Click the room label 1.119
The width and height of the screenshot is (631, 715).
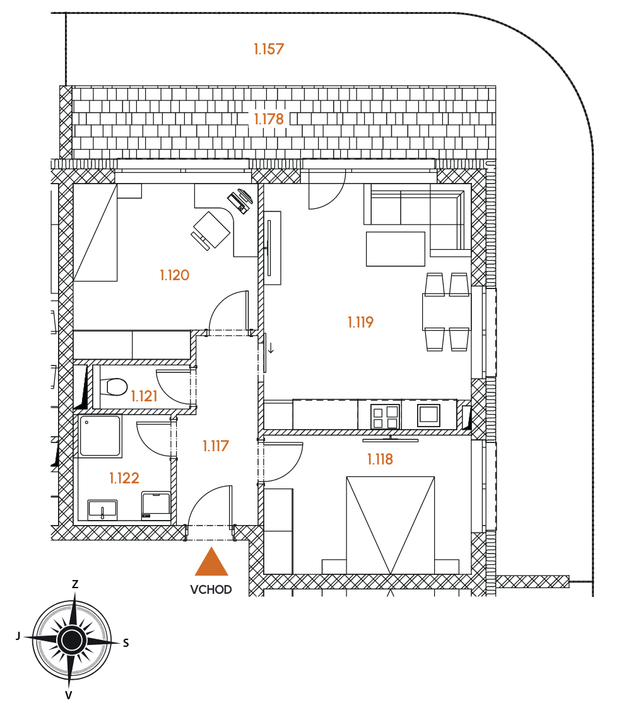(360, 322)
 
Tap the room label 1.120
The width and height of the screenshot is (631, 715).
(175, 275)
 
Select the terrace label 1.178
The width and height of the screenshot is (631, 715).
(269, 119)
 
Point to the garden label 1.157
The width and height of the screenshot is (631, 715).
(269, 49)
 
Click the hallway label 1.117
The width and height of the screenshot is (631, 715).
(216, 446)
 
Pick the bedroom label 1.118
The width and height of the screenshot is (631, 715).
(380, 459)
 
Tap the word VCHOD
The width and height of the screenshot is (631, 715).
(211, 589)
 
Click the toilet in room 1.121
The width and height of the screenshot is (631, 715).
(112, 387)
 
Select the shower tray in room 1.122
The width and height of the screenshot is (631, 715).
(100, 437)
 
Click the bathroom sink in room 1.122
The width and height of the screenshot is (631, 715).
(103, 509)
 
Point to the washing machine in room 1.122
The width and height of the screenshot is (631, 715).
(156, 505)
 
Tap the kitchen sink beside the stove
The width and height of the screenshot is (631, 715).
(428, 415)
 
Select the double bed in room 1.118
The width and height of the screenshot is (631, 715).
(390, 525)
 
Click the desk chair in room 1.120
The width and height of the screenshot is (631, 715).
(210, 231)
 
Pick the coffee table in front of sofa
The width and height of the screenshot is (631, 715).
(396, 249)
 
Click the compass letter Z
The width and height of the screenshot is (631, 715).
(75, 584)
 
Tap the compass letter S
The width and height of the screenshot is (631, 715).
(126, 643)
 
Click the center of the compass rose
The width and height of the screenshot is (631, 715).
(71, 640)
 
